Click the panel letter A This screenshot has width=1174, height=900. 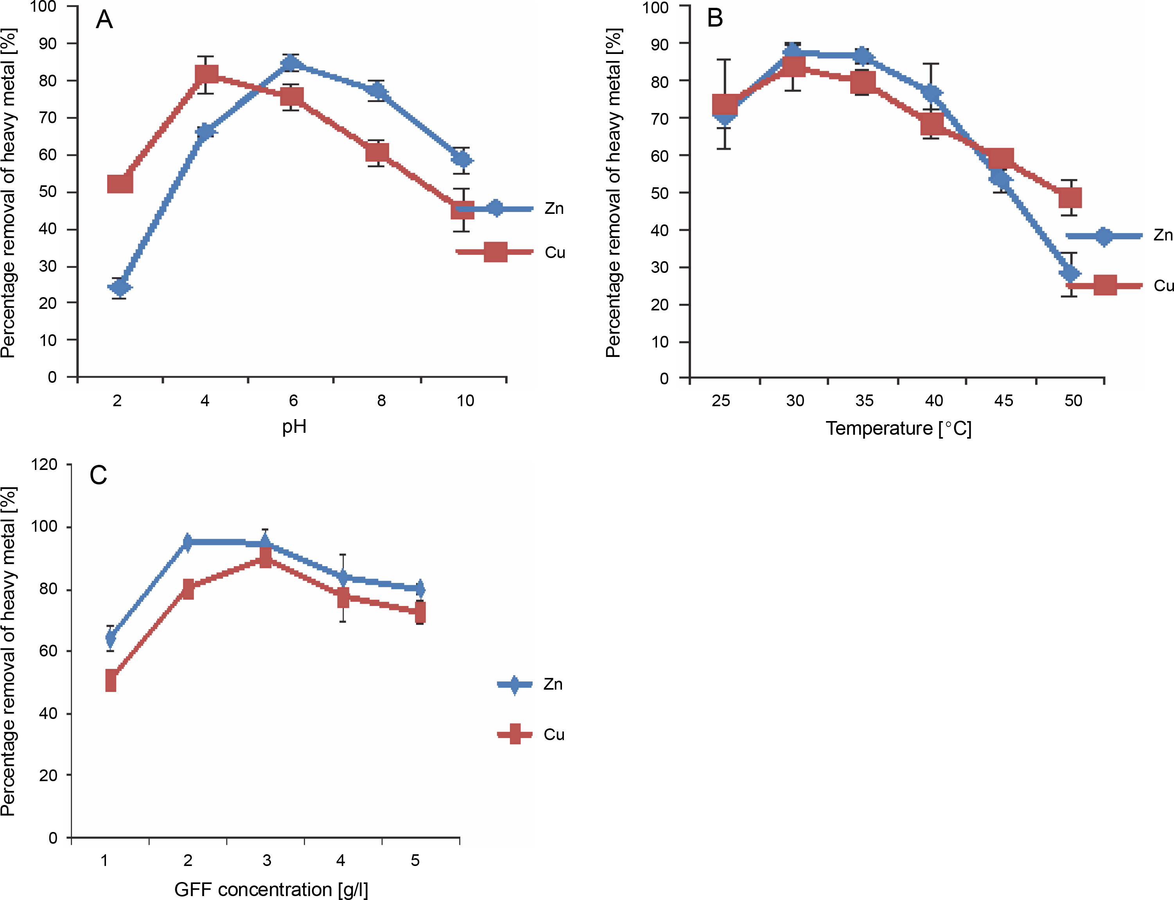[104, 20]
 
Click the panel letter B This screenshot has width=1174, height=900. [715, 18]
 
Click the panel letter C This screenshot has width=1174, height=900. [98, 475]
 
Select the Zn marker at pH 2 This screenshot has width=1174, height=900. [120, 288]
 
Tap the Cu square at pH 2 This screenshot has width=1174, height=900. [120, 184]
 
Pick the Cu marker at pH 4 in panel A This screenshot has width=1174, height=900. [206, 74]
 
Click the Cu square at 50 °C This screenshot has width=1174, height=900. [1070, 198]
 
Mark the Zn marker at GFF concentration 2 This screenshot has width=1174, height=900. [188, 542]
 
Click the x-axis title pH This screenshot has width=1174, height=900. [294, 427]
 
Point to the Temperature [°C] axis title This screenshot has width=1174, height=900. [898, 428]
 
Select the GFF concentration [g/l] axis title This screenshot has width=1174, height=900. [271, 889]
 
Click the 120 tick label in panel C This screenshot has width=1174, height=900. [45, 464]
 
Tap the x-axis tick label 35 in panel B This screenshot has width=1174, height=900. [864, 401]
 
